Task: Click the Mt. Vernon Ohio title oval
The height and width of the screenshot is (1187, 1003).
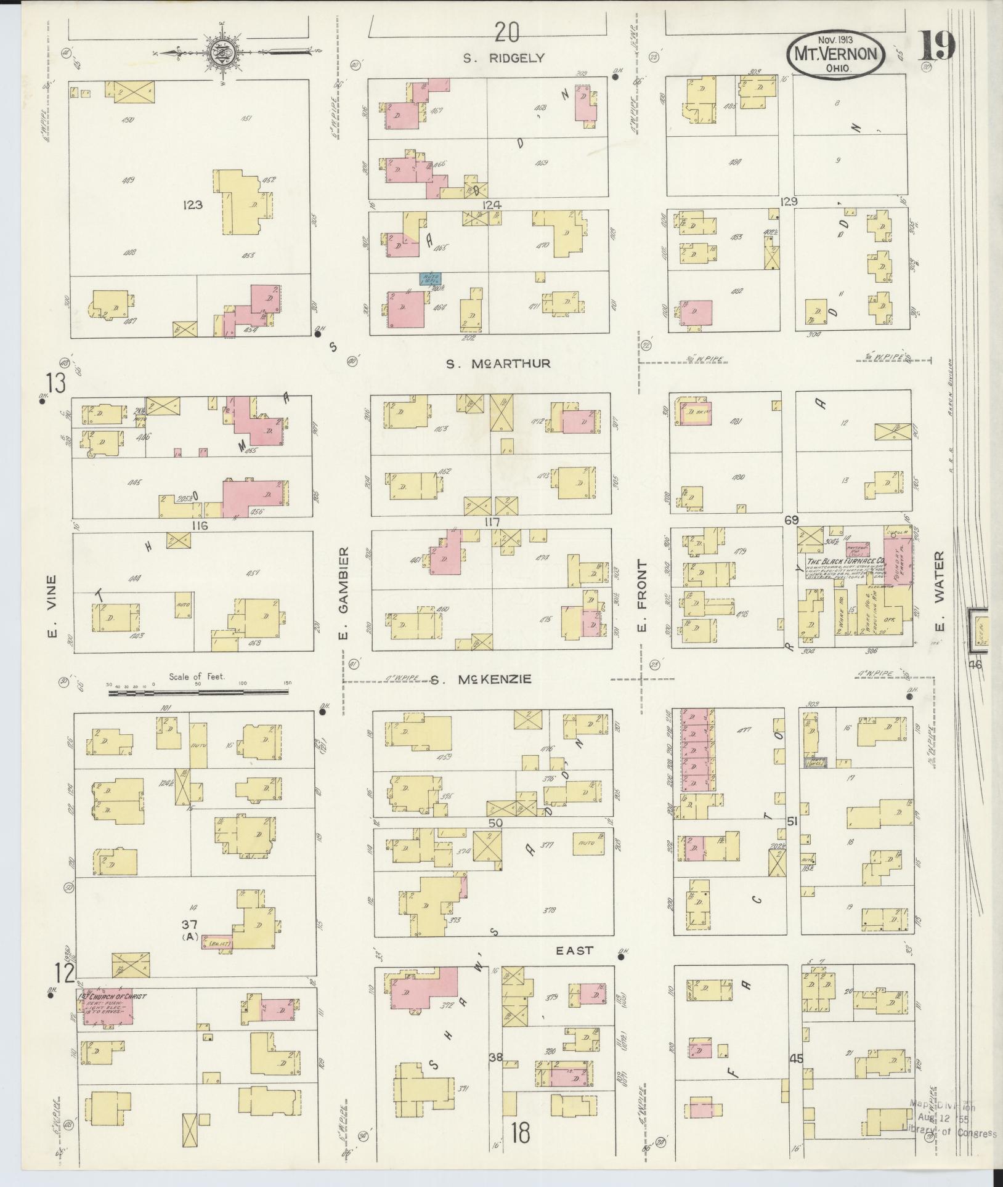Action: [x=835, y=55]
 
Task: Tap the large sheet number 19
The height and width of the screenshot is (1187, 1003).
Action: [x=936, y=47]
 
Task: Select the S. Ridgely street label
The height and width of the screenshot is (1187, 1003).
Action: [x=504, y=58]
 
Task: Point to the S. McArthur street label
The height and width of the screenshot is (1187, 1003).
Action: [x=498, y=364]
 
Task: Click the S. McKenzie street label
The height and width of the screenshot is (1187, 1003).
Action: [x=480, y=680]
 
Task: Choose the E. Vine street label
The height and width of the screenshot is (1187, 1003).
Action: [x=52, y=607]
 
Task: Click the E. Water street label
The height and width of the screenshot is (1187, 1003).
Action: [x=938, y=593]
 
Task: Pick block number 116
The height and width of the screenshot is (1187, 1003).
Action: [x=200, y=525]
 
